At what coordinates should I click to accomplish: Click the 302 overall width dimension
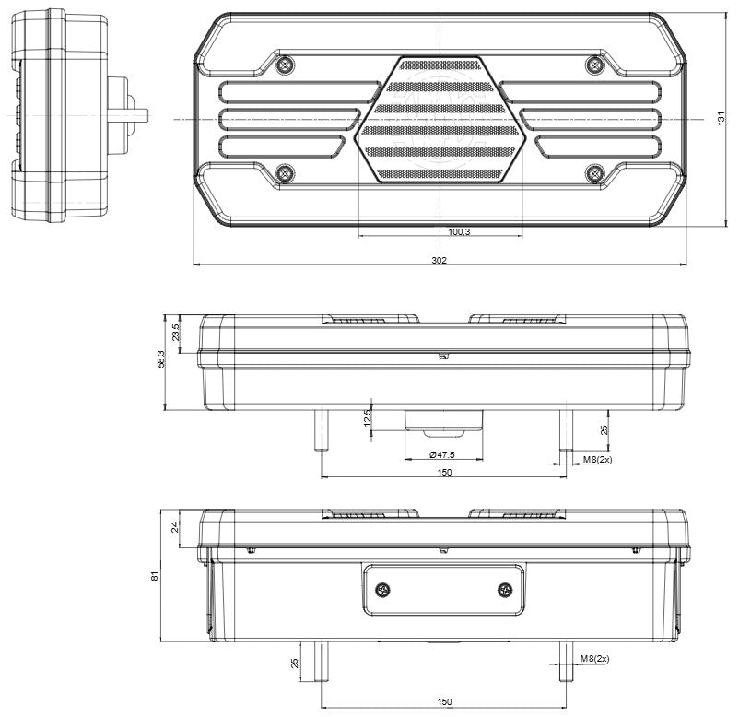tap(439, 261)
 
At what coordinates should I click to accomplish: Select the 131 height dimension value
tap(721, 120)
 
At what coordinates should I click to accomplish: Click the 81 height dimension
tap(156, 576)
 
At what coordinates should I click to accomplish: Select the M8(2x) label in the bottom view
tap(596, 658)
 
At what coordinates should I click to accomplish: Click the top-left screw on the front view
tap(286, 65)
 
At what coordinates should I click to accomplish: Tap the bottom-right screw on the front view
tap(594, 172)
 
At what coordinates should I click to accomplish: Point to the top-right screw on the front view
tap(594, 65)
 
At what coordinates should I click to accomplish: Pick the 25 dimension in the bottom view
tap(294, 662)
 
